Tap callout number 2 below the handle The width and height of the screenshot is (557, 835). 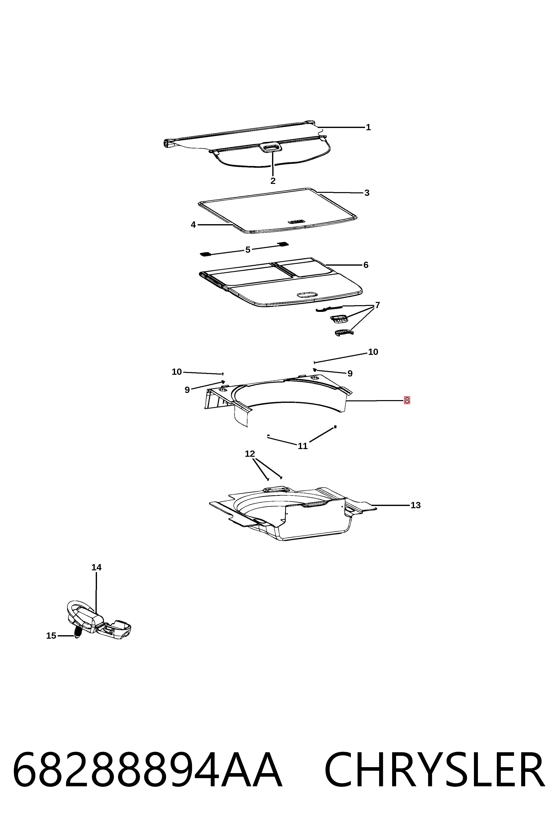pyautogui.click(x=273, y=181)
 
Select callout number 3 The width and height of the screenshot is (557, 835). pyautogui.click(x=367, y=193)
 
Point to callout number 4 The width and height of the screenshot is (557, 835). pyautogui.click(x=193, y=225)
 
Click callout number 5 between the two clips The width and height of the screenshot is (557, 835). pyautogui.click(x=248, y=250)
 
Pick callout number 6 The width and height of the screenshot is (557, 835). pyautogui.click(x=366, y=265)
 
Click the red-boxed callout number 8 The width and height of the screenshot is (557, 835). pyautogui.click(x=407, y=400)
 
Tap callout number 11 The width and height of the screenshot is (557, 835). pyautogui.click(x=303, y=446)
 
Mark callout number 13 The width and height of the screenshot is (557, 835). pyautogui.click(x=416, y=505)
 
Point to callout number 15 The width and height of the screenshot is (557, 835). pyautogui.click(x=51, y=636)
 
